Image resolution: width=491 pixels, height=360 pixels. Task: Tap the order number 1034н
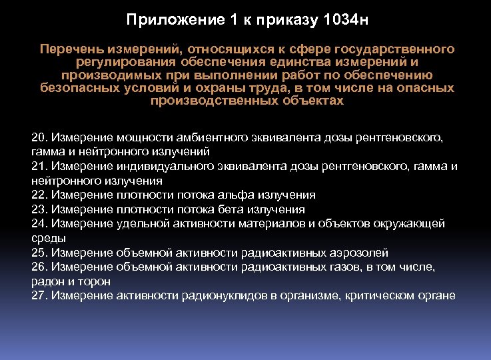tap(344, 20)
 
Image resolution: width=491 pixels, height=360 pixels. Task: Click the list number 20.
tap(38, 137)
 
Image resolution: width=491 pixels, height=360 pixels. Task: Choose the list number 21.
tap(38, 166)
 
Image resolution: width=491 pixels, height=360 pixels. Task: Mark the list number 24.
tap(38, 223)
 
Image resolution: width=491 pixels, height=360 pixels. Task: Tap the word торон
tap(95, 281)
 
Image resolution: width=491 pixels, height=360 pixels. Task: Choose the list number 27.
tap(38, 295)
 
